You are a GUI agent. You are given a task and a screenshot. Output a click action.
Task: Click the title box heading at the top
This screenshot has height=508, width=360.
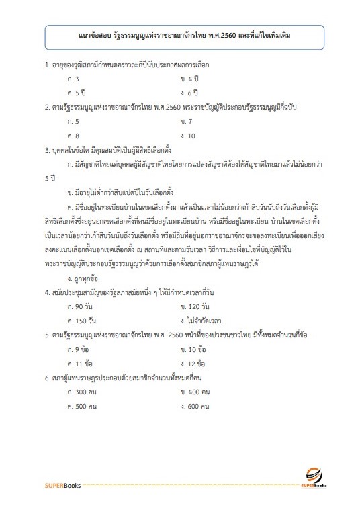pos(179,33)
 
